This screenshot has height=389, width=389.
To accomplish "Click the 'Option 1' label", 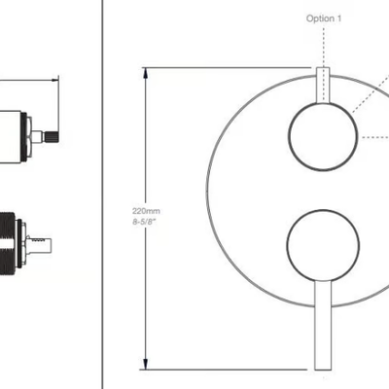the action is click(324, 18).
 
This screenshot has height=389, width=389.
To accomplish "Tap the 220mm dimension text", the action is click(146, 211).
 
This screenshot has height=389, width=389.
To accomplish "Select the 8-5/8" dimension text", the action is click(144, 222).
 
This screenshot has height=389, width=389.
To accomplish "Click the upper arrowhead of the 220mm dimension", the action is click(146, 73).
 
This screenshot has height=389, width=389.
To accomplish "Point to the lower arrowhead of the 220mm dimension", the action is click(146, 364).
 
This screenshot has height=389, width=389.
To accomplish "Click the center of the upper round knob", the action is click(323, 137).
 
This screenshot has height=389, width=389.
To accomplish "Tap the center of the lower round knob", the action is click(323, 245).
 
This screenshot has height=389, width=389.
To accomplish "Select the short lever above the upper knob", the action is click(323, 85).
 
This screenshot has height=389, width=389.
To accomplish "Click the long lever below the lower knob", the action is click(323, 325).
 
